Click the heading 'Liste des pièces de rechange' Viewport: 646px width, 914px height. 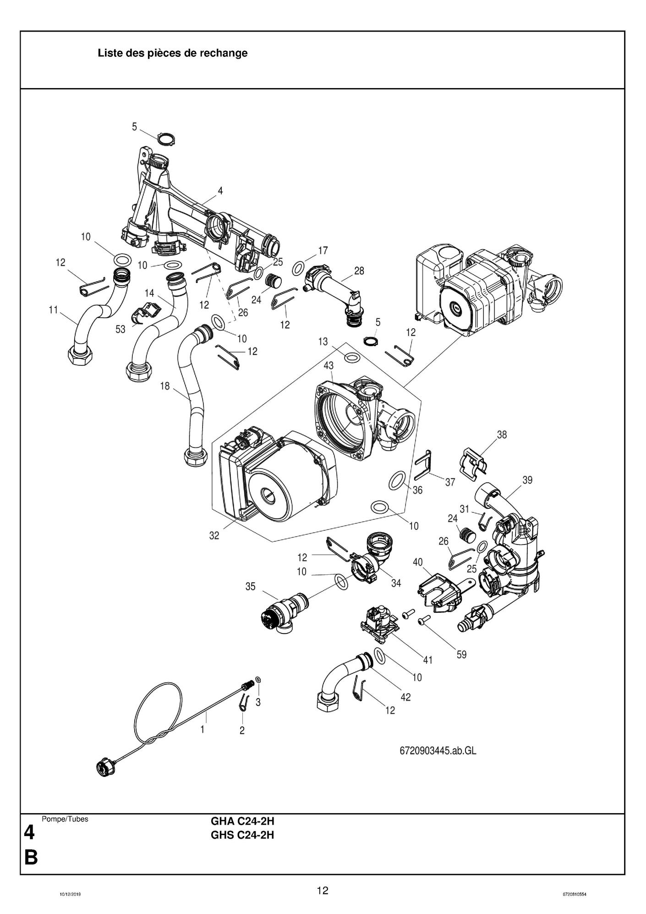click(172, 53)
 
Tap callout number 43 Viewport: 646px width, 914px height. click(328, 365)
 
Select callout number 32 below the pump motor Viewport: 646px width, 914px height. click(214, 535)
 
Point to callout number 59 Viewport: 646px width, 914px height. click(461, 655)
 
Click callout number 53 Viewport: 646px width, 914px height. click(120, 329)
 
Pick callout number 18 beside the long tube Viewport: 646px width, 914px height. click(164, 386)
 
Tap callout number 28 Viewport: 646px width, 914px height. click(359, 271)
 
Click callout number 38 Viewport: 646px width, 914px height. click(502, 435)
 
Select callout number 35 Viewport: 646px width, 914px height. click(250, 586)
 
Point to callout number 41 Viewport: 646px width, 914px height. click(427, 660)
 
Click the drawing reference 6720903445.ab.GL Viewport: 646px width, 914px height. click(435, 751)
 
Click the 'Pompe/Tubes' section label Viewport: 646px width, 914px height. click(65, 819)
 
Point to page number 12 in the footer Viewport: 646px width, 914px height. click(323, 891)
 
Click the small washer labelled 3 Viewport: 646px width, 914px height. click(258, 679)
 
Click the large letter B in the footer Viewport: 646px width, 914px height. click(30, 857)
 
